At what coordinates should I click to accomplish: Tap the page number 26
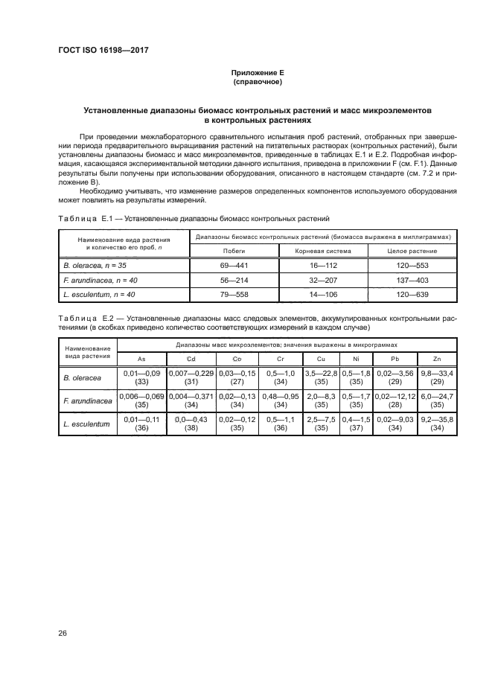63,633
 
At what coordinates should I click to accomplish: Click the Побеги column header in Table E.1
234,251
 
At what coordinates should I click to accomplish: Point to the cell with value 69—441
234,265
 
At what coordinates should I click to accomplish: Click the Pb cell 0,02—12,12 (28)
394,402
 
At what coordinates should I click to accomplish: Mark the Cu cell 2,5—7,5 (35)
322,426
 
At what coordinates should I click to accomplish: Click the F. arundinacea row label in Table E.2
87,402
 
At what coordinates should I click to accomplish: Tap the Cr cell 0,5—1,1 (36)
280,426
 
